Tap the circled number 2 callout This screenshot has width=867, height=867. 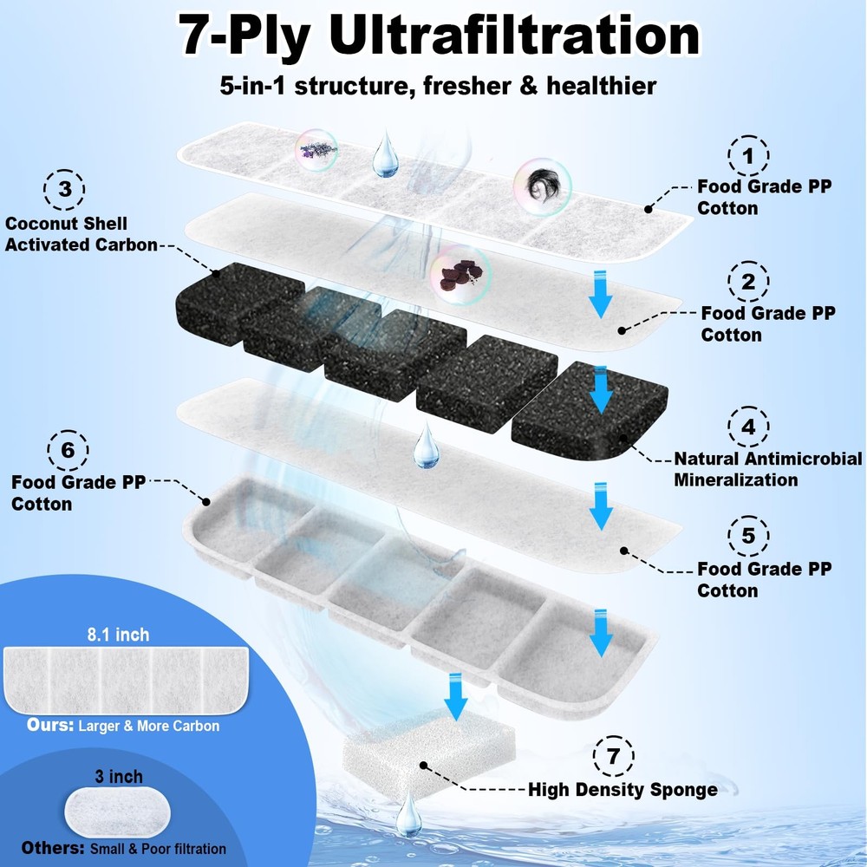pyautogui.click(x=748, y=281)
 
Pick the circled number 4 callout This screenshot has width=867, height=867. pyautogui.click(x=747, y=427)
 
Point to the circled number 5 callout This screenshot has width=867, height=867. pyautogui.click(x=749, y=536)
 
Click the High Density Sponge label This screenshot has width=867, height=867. pyautogui.click(x=623, y=790)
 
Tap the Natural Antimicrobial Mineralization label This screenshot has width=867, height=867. pyautogui.click(x=768, y=469)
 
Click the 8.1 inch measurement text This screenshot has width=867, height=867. pyautogui.click(x=120, y=635)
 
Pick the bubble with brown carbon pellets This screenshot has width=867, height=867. pyautogui.click(x=460, y=275)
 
